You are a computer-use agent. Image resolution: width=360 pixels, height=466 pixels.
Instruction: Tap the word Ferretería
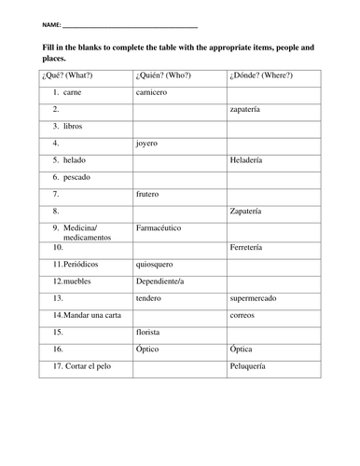[x=248, y=249]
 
